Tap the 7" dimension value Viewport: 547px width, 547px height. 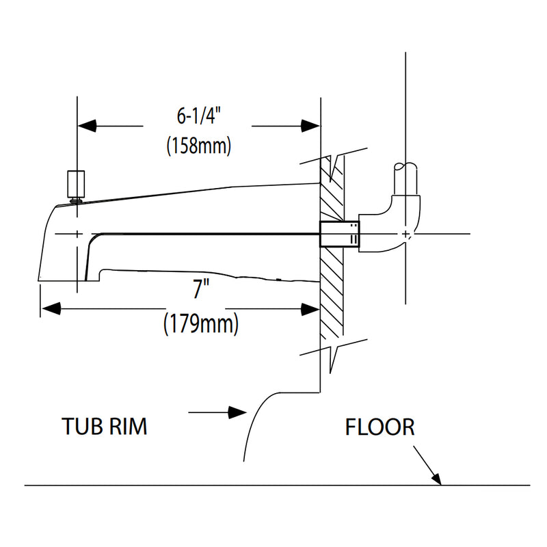coord(199,290)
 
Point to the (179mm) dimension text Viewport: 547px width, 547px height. coord(200,324)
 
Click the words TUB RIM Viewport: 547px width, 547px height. coord(105,427)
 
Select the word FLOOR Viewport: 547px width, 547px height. coord(379,427)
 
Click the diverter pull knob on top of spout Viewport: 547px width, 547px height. coord(75,183)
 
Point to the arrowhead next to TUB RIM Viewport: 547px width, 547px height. coord(237,412)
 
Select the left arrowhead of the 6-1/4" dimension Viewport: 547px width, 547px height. coord(85,126)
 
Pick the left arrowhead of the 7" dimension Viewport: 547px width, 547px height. coord(50,309)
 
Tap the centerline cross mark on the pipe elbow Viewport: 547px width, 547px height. coord(407,235)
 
